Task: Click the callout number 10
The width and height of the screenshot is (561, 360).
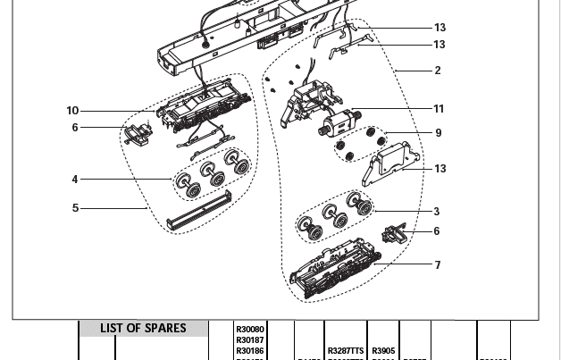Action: (x=72, y=111)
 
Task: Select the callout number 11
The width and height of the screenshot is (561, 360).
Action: (x=439, y=109)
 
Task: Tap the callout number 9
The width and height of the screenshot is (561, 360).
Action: (x=439, y=133)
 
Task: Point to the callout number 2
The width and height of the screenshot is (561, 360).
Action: (x=438, y=71)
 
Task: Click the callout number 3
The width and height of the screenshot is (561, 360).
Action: (x=437, y=212)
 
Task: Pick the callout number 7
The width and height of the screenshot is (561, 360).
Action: (x=438, y=265)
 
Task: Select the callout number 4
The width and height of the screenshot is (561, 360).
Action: (x=75, y=180)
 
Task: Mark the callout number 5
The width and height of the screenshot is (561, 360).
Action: (x=75, y=208)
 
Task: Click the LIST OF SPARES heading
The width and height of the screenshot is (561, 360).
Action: (x=143, y=329)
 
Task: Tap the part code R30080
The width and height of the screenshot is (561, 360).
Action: (x=250, y=330)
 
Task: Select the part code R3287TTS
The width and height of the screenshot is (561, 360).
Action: (x=346, y=351)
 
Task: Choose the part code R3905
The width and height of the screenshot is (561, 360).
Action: (x=383, y=351)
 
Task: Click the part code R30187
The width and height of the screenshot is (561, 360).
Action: (x=250, y=340)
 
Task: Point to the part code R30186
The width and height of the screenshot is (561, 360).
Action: (x=250, y=351)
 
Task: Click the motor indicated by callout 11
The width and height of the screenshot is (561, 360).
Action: (x=337, y=122)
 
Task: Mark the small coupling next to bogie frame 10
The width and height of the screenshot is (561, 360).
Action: (x=138, y=135)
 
